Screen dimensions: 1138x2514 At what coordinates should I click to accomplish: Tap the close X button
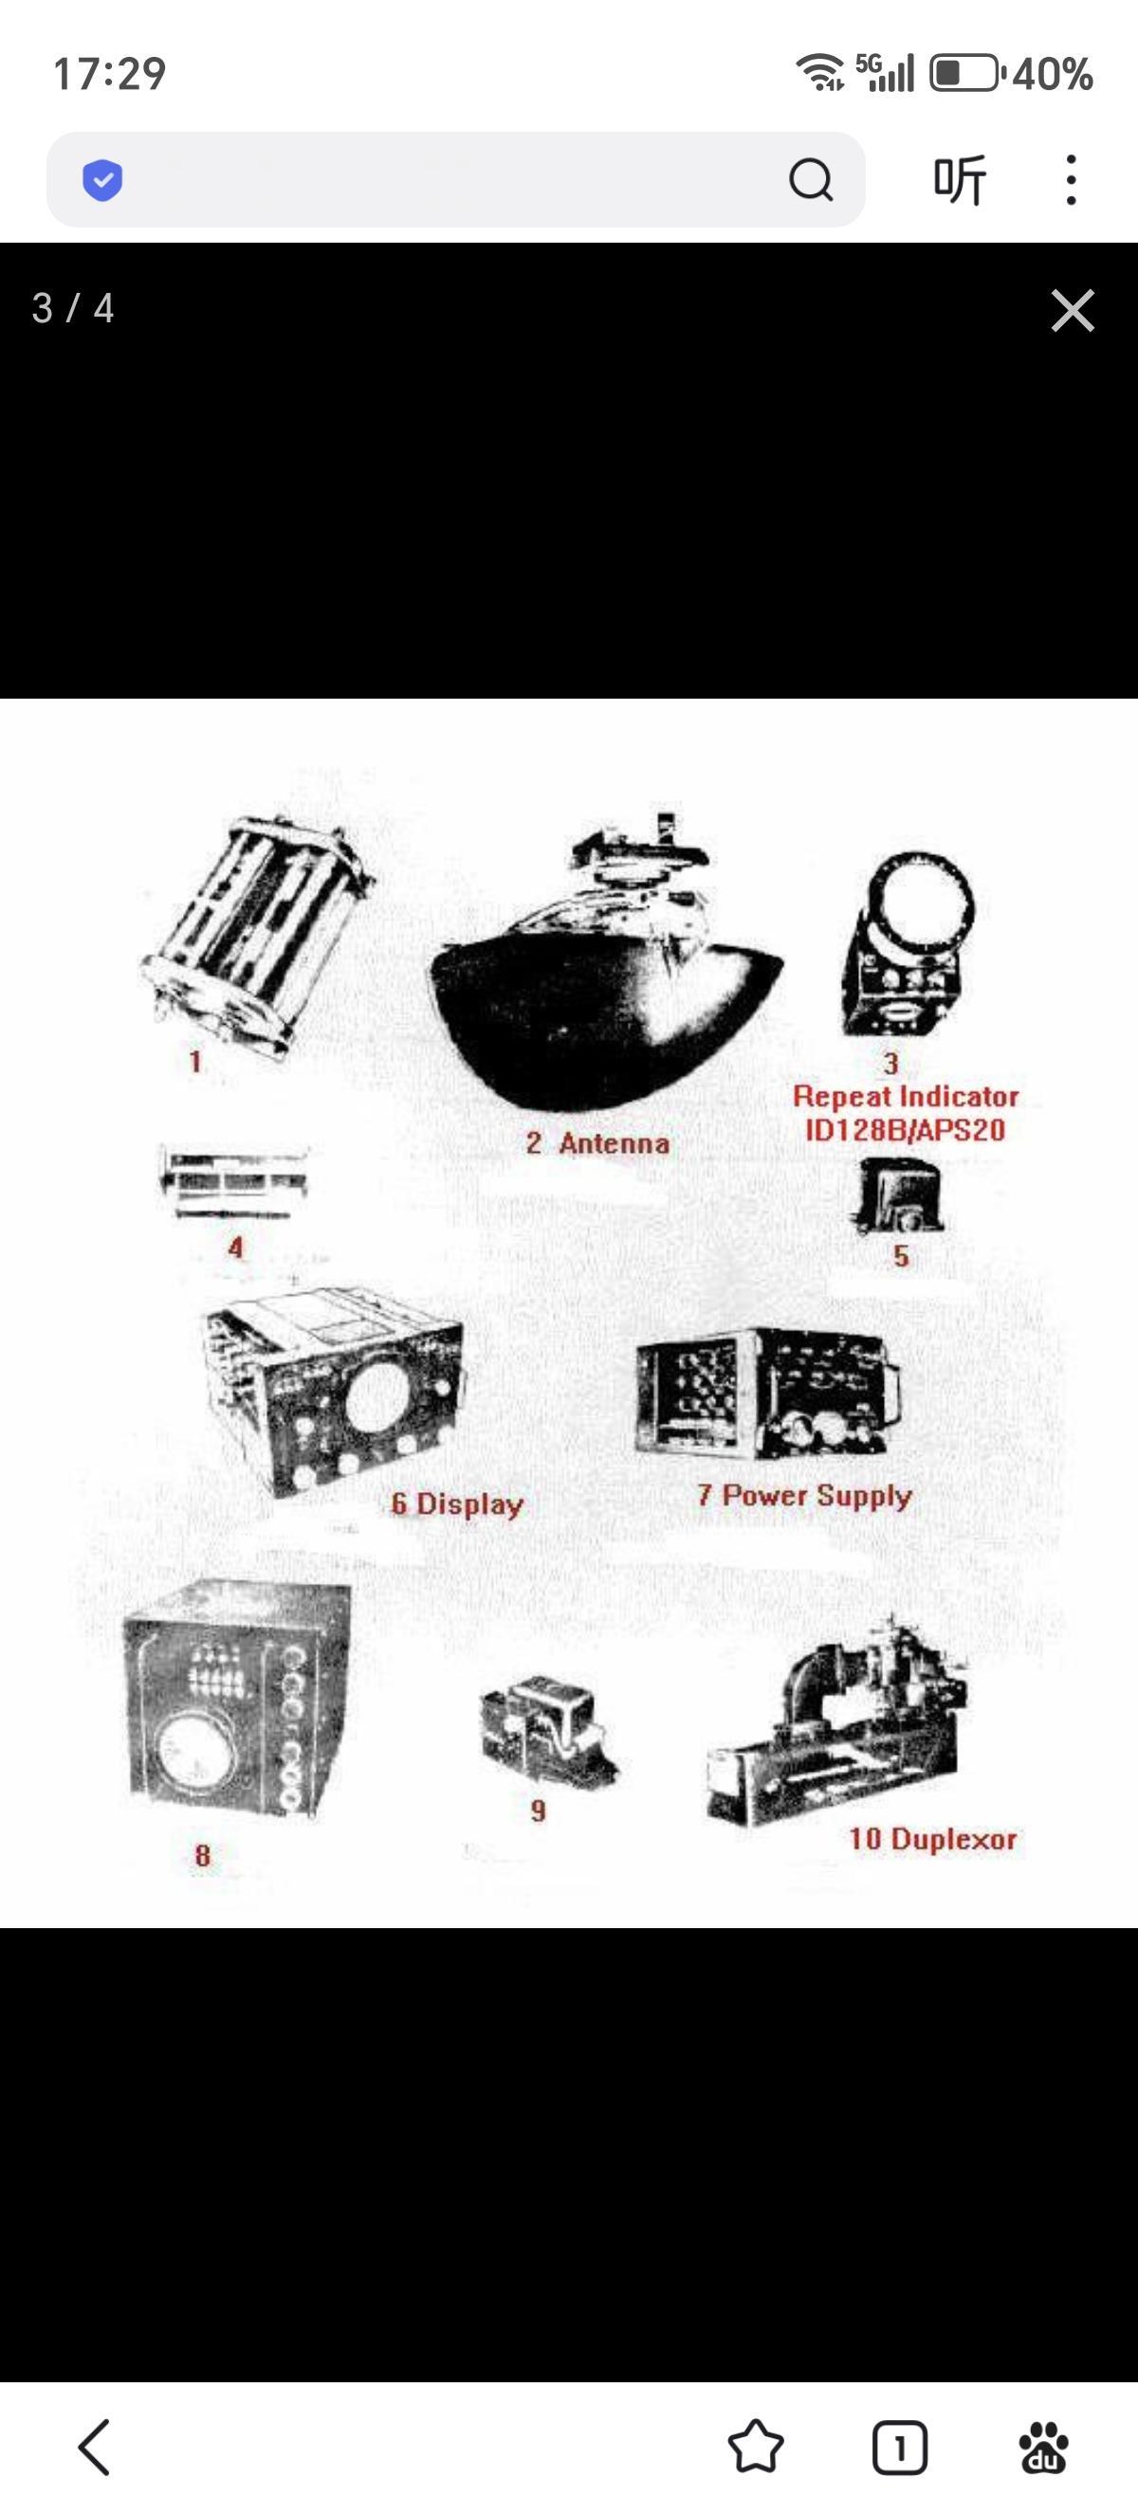(x=1073, y=310)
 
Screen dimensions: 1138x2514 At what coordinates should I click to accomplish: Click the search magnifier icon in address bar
(x=811, y=179)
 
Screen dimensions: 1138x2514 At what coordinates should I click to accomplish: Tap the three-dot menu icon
(x=1072, y=179)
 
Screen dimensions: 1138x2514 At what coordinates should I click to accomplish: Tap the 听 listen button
(x=960, y=179)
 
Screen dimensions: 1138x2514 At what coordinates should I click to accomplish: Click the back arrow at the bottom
(x=94, y=2447)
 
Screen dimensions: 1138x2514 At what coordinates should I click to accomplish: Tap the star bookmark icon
(x=756, y=2447)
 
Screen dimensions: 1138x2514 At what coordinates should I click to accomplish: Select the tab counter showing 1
(x=899, y=2448)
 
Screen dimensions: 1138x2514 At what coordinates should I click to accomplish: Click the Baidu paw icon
(x=1043, y=2447)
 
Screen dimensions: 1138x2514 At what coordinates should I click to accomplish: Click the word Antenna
(x=614, y=1143)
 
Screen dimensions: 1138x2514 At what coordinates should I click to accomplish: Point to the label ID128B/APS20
(x=905, y=1130)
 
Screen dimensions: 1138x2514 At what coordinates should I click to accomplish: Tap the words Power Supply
(x=817, y=1496)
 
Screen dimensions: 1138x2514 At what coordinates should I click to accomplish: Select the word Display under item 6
(x=470, y=1503)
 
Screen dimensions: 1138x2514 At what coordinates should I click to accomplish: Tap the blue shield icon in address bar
(x=102, y=179)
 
